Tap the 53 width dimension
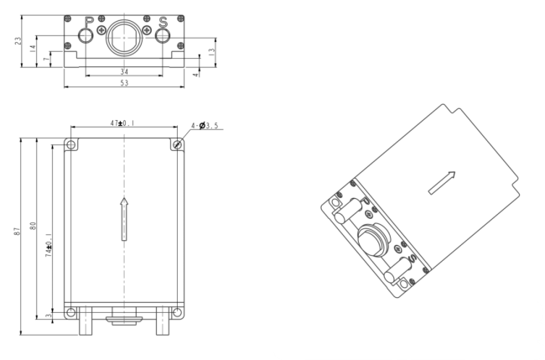pyautogui.click(x=124, y=84)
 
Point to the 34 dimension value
pyautogui.click(x=124, y=72)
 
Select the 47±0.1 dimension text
pyautogui.click(x=124, y=123)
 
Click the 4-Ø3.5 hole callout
pyautogui.click(x=205, y=126)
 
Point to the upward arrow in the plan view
pyautogui.click(x=124, y=219)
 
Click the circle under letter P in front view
pyautogui.click(x=86, y=35)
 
